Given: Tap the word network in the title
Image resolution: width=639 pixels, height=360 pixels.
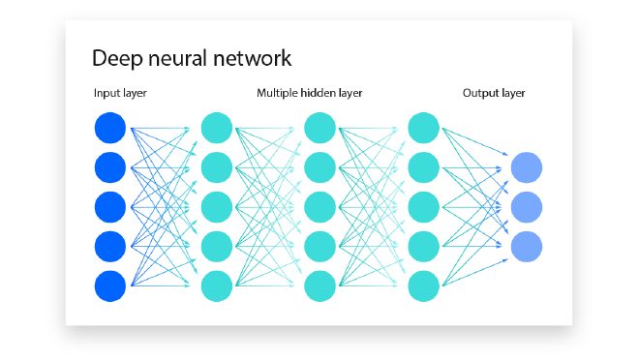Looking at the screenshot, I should click(255, 58).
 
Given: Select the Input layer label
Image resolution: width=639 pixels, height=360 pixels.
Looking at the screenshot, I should click(120, 94).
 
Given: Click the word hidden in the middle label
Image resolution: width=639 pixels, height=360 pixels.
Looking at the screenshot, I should click(321, 94).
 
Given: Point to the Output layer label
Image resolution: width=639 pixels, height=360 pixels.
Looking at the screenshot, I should click(493, 94).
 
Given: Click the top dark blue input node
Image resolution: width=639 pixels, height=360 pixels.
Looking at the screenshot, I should click(110, 129).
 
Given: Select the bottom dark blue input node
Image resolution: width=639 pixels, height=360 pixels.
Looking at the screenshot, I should click(110, 285).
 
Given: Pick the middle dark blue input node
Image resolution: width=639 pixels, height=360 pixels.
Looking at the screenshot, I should click(110, 207).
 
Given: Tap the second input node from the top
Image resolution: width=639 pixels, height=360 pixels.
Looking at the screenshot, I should click(110, 167).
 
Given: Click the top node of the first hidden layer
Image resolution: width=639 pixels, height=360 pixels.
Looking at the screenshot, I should click(217, 129).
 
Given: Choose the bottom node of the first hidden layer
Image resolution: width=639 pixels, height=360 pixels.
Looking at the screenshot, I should click(217, 285).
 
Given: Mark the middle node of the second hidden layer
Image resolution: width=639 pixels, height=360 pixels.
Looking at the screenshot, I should click(319, 207).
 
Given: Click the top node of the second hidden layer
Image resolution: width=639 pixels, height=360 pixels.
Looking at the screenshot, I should click(319, 129).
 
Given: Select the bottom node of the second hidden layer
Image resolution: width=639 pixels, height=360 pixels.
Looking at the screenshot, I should click(319, 285).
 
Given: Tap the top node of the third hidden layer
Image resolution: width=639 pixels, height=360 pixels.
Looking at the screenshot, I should click(425, 129).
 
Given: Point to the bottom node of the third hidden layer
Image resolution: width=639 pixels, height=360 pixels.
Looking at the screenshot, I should click(425, 285).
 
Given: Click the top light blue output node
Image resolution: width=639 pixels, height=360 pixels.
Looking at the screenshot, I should click(527, 167).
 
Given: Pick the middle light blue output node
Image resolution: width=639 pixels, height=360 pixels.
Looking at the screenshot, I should click(527, 207).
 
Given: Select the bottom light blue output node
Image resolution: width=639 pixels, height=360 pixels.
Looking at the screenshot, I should click(527, 246).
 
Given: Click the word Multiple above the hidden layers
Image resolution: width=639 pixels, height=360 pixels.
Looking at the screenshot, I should click(277, 94).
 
